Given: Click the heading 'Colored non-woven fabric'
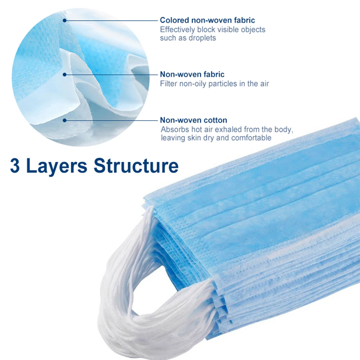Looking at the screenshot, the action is tap(207, 20).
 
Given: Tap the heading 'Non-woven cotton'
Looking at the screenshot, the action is tap(194, 120).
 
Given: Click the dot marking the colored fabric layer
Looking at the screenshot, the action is tap(64, 21).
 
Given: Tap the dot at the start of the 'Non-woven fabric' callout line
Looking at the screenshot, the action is tap(64, 75).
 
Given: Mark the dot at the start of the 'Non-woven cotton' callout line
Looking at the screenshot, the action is tap(64, 120).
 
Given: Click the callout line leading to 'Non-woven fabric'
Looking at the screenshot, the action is tap(112, 75).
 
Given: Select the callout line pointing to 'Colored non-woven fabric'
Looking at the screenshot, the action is tap(112, 21).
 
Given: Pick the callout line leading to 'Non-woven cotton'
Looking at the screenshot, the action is tap(112, 120).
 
